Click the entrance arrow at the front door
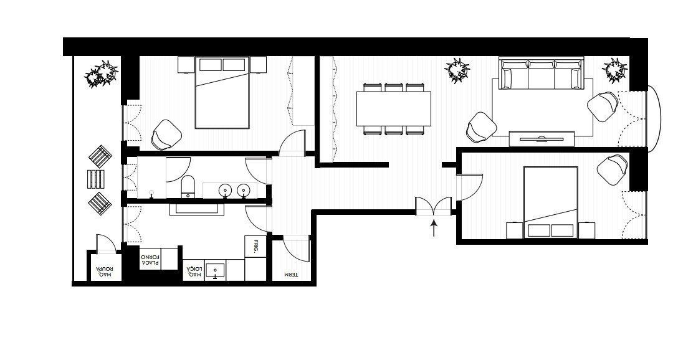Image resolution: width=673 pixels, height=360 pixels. click(x=434, y=229)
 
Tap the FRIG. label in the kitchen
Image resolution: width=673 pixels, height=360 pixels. click(x=255, y=247)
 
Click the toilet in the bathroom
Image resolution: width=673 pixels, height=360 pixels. click(x=188, y=187)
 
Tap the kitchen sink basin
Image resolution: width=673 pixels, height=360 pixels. click(x=215, y=270)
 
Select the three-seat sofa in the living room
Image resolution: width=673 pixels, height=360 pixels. click(x=542, y=73)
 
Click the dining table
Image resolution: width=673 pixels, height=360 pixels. click(x=394, y=108)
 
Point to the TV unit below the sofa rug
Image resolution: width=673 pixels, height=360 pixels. click(x=542, y=139)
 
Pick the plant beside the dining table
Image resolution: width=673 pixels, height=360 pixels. click(x=457, y=70)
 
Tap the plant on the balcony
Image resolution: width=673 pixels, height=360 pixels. click(x=102, y=73)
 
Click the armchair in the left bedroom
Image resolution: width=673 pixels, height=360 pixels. click(x=166, y=135)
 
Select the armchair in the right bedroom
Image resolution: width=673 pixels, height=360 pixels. click(x=613, y=170)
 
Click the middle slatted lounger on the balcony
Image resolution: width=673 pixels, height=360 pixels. click(x=96, y=179)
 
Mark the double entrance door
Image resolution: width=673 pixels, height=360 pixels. click(x=434, y=206)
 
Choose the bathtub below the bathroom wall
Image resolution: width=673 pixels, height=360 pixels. click(x=197, y=209)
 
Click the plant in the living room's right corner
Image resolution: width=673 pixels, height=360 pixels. click(x=616, y=70)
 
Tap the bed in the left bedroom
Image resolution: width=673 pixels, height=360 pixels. click(x=222, y=92)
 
